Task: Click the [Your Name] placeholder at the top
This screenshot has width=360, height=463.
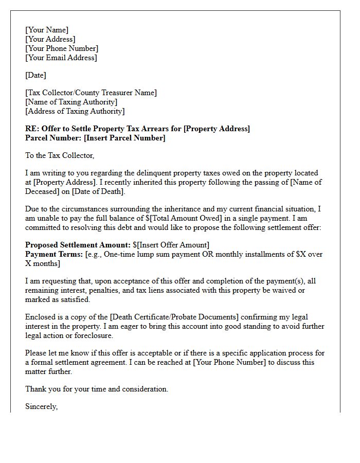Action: pos(47,30)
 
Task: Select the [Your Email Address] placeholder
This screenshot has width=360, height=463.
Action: pos(61,58)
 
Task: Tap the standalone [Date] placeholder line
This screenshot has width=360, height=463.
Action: pos(35,75)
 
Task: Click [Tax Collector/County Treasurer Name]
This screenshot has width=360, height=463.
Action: pos(91,93)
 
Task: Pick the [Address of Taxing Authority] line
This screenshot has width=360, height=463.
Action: pos(75,111)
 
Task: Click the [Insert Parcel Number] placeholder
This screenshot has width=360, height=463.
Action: pos(124,138)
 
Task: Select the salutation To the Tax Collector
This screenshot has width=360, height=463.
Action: pos(60,155)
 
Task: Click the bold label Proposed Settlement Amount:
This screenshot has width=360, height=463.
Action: pos(78,245)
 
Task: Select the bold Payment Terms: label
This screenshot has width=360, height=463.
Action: pos(54,254)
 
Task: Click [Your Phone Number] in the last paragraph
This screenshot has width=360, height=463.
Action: pos(229,362)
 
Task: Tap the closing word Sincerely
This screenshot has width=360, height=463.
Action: pos(41,407)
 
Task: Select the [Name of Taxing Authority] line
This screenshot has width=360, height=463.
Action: pos(71,102)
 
